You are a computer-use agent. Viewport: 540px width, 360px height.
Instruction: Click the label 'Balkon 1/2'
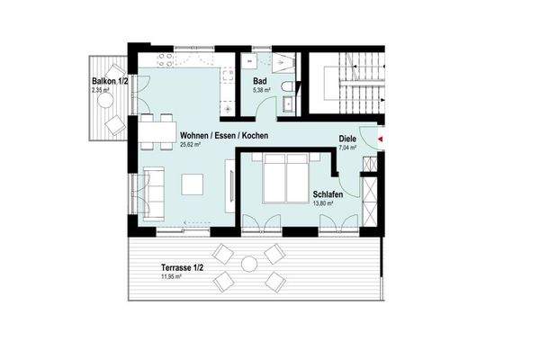pyautogui.click(x=109, y=82)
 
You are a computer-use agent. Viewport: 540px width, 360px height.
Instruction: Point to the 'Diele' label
pyautogui.click(x=347, y=139)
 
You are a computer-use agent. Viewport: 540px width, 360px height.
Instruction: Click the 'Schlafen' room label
pyautogui.click(x=327, y=194)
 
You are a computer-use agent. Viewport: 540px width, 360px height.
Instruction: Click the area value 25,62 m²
pyautogui.click(x=193, y=144)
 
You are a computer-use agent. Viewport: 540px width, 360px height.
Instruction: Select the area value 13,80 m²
pyautogui.click(x=323, y=204)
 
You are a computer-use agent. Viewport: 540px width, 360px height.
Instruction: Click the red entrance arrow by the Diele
pyautogui.click(x=382, y=139)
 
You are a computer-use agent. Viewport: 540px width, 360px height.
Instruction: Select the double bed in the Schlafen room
pyautogui.click(x=285, y=178)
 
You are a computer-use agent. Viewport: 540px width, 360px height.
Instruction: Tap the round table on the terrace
pyautogui.click(x=249, y=265)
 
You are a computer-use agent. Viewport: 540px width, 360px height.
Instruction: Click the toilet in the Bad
pyautogui.click(x=287, y=86)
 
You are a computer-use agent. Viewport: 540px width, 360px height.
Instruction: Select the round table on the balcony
pyautogui.click(x=116, y=125)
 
